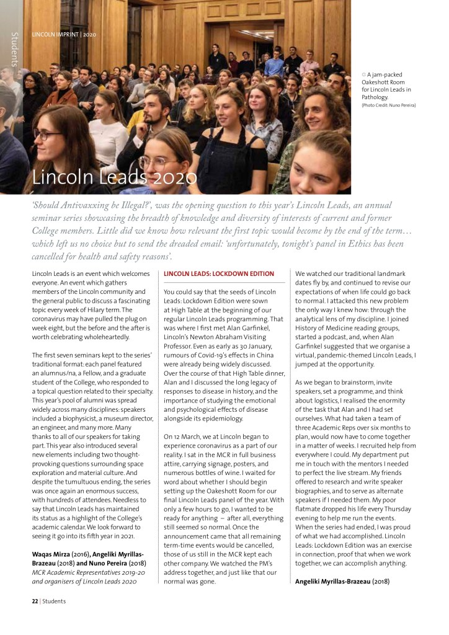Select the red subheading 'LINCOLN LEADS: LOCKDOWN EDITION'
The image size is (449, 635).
click(x=218, y=273)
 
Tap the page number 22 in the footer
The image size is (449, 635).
click(x=35, y=601)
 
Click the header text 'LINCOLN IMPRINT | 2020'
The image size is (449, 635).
click(x=64, y=34)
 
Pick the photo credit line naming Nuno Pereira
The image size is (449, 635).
click(x=388, y=105)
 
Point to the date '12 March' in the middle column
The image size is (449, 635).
click(x=187, y=437)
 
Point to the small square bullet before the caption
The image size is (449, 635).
click(x=364, y=74)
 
